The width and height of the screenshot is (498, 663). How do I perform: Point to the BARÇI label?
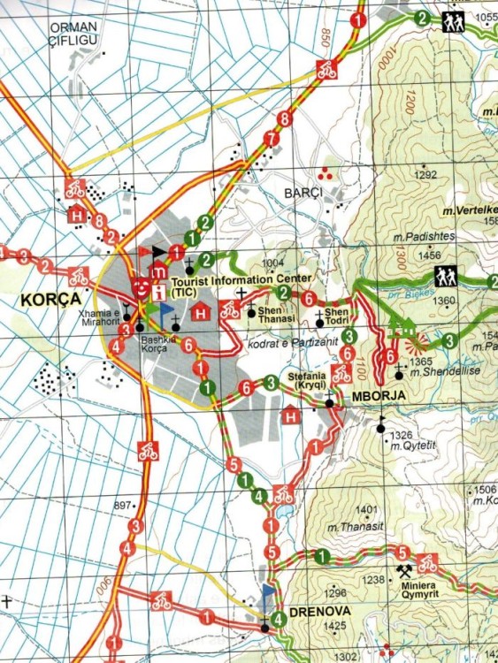click(x=303, y=192)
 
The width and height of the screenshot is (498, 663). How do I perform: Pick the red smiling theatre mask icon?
click(x=141, y=284)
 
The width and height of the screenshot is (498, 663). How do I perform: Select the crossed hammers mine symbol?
click(x=406, y=570)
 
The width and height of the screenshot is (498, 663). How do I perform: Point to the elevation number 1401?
click(x=365, y=510)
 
